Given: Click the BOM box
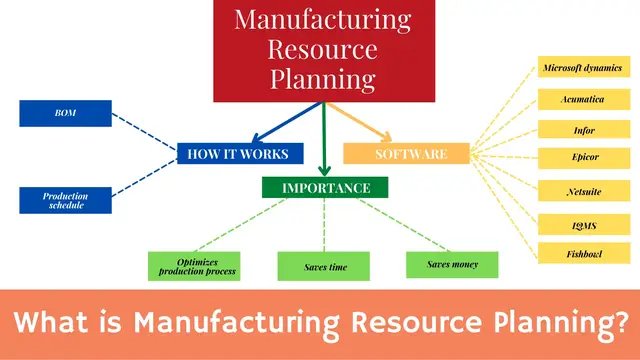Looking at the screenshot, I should click(x=66, y=113).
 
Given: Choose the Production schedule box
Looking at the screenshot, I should click(x=66, y=200).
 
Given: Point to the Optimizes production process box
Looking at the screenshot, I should click(x=194, y=266).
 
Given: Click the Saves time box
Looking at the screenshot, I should click(x=323, y=266).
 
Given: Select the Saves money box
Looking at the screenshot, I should click(x=453, y=265).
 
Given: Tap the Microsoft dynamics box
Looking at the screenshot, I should click(x=583, y=68).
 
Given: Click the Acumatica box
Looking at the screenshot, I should click(x=583, y=99).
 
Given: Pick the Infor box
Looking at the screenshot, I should click(x=583, y=129).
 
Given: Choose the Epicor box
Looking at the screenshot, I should click(x=583, y=157).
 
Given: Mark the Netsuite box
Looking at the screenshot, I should click(x=583, y=190).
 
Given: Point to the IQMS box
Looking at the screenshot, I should click(x=583, y=224).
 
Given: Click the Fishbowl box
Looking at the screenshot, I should click(x=583, y=253).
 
